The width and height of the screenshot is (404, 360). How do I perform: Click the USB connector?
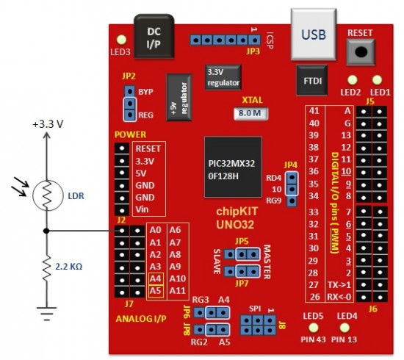314,35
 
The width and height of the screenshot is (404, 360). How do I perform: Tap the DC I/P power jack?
154,36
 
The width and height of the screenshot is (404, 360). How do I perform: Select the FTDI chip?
312,80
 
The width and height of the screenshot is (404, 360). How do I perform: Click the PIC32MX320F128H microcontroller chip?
233,167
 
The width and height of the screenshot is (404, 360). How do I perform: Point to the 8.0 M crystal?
250,113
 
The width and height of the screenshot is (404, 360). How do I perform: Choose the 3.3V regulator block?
223,77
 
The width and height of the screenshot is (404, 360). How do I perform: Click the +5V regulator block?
179,97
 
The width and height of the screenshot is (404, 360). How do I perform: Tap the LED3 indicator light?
121,40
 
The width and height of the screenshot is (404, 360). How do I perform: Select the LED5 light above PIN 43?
314,328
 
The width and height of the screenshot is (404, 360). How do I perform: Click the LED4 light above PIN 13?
345,328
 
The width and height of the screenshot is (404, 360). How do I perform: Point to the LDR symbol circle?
48,195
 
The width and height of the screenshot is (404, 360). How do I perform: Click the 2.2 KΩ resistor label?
69,267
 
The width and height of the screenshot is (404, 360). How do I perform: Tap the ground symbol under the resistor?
46,314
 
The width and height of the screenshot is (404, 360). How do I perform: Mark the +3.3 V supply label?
48,124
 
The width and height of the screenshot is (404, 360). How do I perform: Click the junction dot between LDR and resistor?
46,231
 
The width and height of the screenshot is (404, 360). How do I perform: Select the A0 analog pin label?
155,230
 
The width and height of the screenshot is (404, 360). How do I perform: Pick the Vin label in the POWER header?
142,209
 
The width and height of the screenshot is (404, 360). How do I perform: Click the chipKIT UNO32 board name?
237,218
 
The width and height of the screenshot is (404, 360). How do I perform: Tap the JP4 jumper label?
291,165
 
